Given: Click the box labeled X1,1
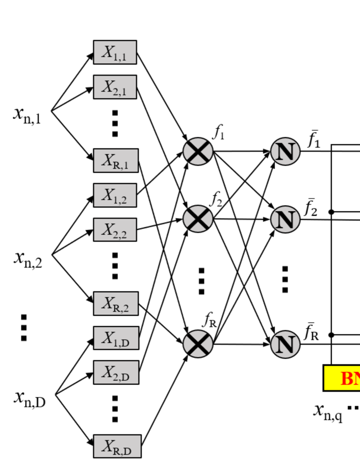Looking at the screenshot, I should point(115,53).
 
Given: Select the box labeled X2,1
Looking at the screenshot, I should point(115,87).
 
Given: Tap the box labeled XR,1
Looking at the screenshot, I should point(116,161).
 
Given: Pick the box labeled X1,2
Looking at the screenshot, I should point(115,195).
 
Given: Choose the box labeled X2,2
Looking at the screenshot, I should point(115,230).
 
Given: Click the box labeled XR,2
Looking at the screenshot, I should point(116,304).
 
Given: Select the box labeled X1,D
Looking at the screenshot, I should point(116,338).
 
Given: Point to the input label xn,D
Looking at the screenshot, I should point(30,398).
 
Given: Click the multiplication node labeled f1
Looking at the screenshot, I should point(198,152).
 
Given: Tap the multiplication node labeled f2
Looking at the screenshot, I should point(198,219).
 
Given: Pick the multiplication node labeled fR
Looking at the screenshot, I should point(198,343).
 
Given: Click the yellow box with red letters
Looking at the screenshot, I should point(342,378).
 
